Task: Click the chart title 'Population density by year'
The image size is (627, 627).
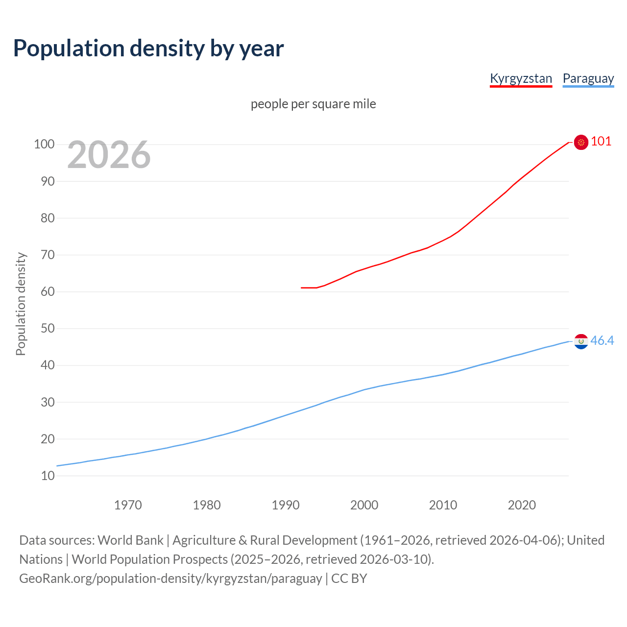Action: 148,48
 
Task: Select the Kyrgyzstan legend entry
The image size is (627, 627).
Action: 521,78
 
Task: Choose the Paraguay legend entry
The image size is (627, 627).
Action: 588,78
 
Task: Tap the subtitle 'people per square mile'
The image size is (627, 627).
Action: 313,104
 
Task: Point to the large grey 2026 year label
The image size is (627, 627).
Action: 109,155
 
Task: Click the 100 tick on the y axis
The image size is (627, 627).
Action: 44,144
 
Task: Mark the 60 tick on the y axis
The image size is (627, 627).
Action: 48,291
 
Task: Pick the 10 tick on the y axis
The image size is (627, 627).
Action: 48,476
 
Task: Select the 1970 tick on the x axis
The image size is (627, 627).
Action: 128,505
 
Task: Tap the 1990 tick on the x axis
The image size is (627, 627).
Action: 286,505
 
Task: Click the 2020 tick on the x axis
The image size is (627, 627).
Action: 522,505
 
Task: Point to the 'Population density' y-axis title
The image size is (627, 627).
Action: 21,304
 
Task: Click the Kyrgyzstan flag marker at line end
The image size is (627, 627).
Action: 581,142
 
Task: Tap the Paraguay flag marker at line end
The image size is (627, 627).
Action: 581,341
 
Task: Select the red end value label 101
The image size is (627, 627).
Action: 601,142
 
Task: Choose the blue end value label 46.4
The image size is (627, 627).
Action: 602,340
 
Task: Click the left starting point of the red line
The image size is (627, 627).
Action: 302,288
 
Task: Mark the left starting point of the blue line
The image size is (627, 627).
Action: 57,466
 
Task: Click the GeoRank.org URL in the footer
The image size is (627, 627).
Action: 170,579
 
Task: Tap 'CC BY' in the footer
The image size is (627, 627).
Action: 349,579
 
